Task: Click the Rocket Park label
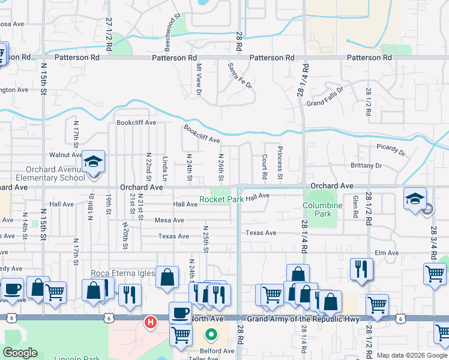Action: tap(221, 199)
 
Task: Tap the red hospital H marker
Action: tap(151, 323)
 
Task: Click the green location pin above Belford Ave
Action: tap(211, 334)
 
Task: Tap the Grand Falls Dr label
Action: tap(324, 97)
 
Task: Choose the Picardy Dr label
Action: tap(391, 146)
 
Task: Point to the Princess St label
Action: tap(279, 162)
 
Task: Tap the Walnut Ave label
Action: tap(65, 155)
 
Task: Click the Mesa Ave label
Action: tap(169, 220)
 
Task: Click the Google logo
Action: tap(20, 353)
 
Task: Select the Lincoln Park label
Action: tap(76, 358)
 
